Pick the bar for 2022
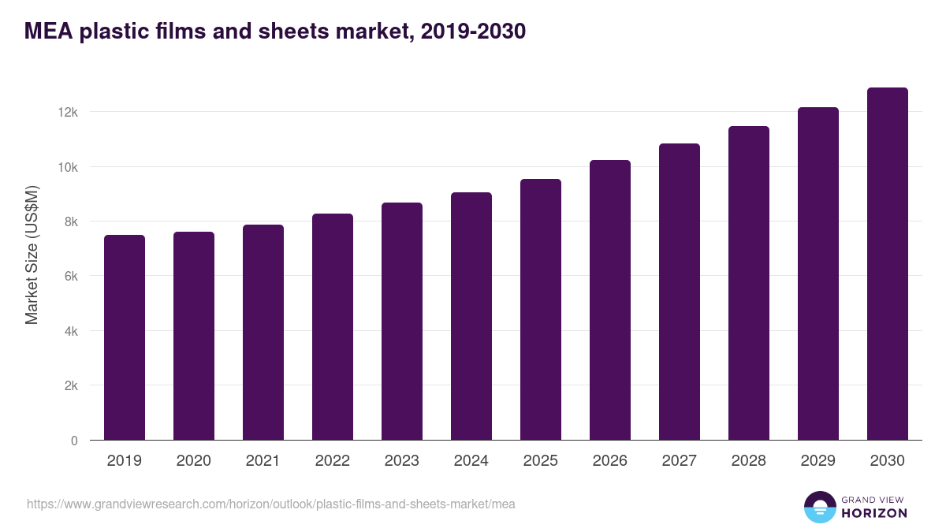[333, 327]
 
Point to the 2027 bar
[680, 292]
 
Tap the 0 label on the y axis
[74, 441]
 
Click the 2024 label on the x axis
[471, 461]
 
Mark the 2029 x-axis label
[818, 461]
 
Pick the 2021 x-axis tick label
[263, 461]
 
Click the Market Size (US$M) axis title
[32, 255]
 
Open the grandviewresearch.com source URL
[271, 504]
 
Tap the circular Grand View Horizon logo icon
[819, 507]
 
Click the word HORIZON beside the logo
[874, 513]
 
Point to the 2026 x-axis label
[609, 461]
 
